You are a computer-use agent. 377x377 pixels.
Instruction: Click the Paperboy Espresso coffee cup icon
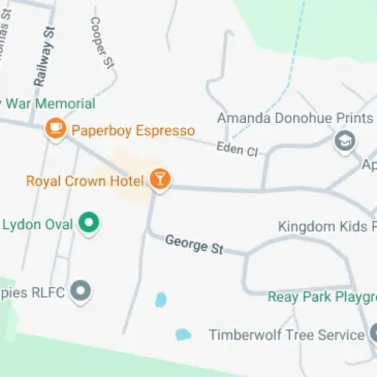click(55, 129)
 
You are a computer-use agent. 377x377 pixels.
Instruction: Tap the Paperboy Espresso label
click(133, 130)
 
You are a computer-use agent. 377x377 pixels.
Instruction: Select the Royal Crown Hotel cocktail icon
click(160, 179)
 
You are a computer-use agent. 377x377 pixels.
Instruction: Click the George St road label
click(194, 245)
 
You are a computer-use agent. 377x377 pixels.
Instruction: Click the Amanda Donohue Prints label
click(295, 118)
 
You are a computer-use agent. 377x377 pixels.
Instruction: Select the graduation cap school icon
click(345, 140)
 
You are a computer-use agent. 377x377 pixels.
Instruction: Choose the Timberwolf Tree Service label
click(287, 334)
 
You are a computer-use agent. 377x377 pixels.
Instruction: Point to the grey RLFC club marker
click(80, 290)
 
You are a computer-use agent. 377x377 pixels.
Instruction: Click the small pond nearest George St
click(160, 300)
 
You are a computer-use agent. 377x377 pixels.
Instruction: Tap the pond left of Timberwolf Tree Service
click(182, 334)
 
